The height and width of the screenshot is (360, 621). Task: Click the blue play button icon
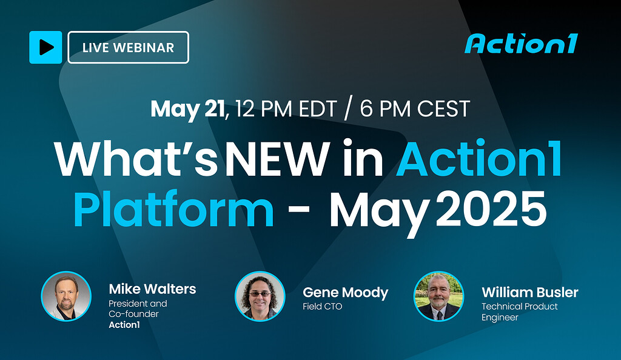(45, 47)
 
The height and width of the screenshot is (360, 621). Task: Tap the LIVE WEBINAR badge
(128, 47)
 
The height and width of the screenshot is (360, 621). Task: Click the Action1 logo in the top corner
(520, 44)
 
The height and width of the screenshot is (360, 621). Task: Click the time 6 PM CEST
(415, 109)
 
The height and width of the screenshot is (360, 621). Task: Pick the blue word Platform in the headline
(173, 209)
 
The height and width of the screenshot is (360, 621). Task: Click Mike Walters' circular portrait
(66, 296)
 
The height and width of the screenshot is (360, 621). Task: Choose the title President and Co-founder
(138, 308)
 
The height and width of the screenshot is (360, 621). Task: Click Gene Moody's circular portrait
(260, 296)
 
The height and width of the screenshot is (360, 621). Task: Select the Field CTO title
(323, 307)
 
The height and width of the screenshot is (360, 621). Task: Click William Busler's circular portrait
(438, 296)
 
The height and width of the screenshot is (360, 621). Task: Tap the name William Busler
(530, 292)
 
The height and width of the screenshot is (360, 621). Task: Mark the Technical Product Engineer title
(520, 312)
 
